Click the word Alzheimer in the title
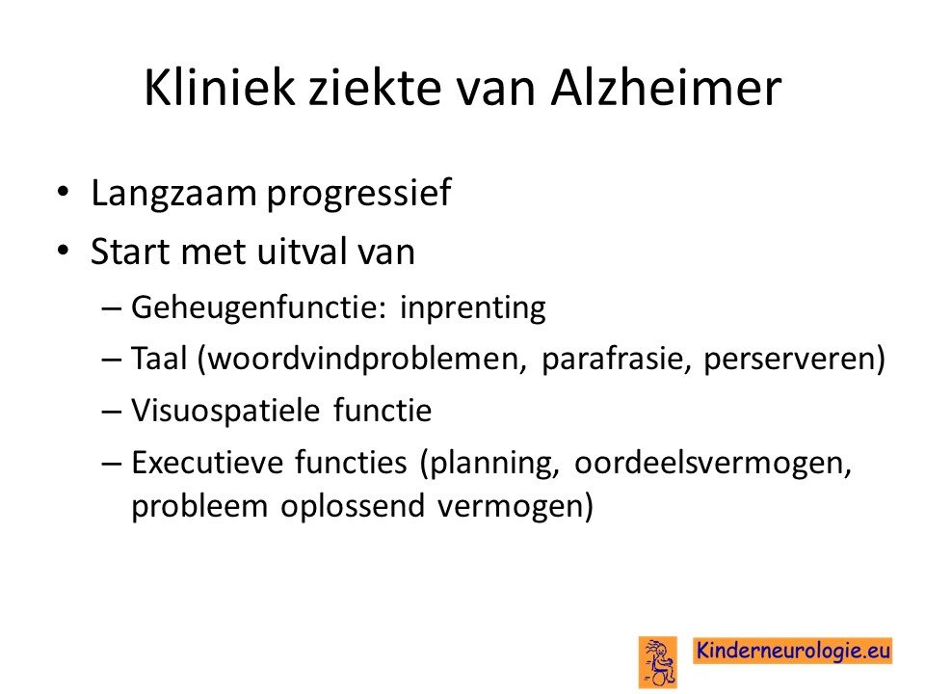[666, 88]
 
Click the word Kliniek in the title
[219, 88]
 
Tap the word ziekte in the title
[375, 88]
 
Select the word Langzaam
[173, 194]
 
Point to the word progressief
[359, 194]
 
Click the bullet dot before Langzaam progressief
[64, 191]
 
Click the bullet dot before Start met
[64, 250]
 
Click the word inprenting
[473, 308]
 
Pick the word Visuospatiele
[225, 412]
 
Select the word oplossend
[353, 507]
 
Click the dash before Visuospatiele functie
[111, 412]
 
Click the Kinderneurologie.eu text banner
[792, 651]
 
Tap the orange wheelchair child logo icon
[658, 661]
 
